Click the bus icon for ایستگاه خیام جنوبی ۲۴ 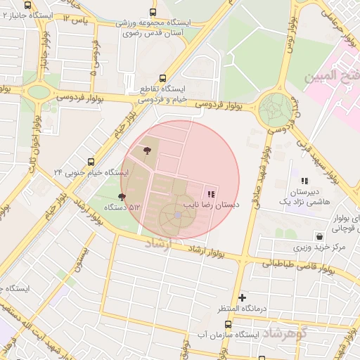89,161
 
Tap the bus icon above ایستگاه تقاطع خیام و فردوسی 163,78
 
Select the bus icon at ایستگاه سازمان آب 228,325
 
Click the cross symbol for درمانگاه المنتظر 243,297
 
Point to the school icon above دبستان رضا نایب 211,193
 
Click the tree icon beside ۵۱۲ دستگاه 123,197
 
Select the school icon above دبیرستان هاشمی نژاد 304,181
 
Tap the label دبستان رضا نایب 212,204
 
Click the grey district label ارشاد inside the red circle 158,244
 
